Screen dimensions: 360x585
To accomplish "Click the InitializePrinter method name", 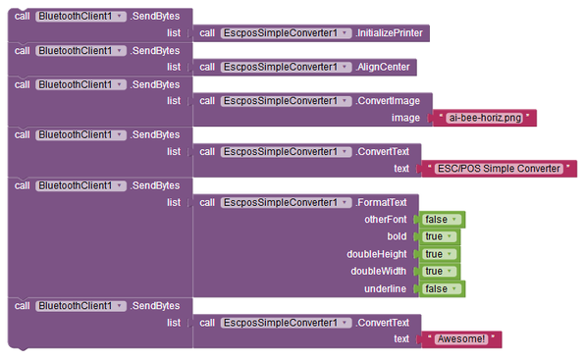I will coord(390,33).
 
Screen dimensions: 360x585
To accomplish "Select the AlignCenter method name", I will coord(384,67).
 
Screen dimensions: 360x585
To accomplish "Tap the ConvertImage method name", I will coord(388,100).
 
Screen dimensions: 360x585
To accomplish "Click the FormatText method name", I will coord(383,202).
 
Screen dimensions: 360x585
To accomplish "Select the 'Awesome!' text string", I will coord(460,338).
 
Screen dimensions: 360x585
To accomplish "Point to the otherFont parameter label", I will coord(385,220).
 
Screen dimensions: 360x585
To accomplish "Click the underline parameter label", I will coord(387,288).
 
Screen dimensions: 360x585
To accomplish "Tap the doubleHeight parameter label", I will coord(378,254).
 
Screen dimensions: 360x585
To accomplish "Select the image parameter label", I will coord(393,118).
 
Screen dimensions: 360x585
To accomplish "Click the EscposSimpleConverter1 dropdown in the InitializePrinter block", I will coord(285,33).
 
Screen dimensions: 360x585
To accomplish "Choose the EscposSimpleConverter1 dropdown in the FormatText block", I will coord(285,202).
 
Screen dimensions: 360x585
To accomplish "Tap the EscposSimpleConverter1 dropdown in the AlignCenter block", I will coord(285,67).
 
